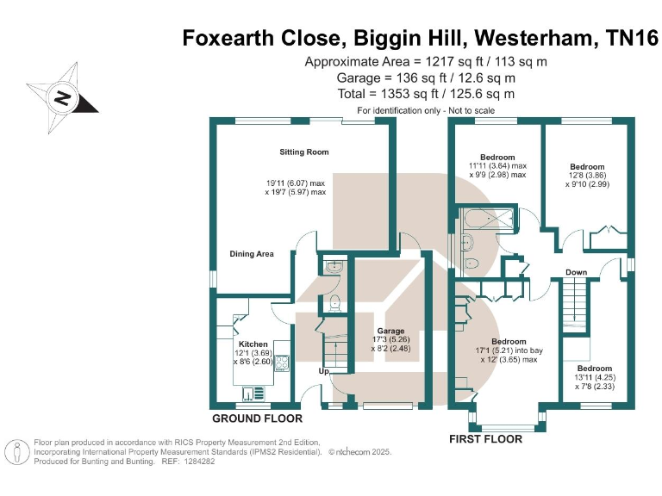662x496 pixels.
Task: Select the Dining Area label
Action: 251,254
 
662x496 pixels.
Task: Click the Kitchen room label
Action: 253,344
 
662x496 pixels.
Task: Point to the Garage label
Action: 390,331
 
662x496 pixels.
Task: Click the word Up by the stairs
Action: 323,371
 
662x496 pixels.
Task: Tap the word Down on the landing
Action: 577,272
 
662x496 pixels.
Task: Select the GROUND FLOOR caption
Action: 258,418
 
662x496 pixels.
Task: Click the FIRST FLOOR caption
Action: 485,439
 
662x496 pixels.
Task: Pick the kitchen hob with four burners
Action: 281,362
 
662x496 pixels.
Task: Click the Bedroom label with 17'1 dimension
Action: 509,341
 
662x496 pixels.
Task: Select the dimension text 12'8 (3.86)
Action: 587,175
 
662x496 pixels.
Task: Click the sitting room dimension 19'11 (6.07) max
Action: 296,183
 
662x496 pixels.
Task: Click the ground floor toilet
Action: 336,302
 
